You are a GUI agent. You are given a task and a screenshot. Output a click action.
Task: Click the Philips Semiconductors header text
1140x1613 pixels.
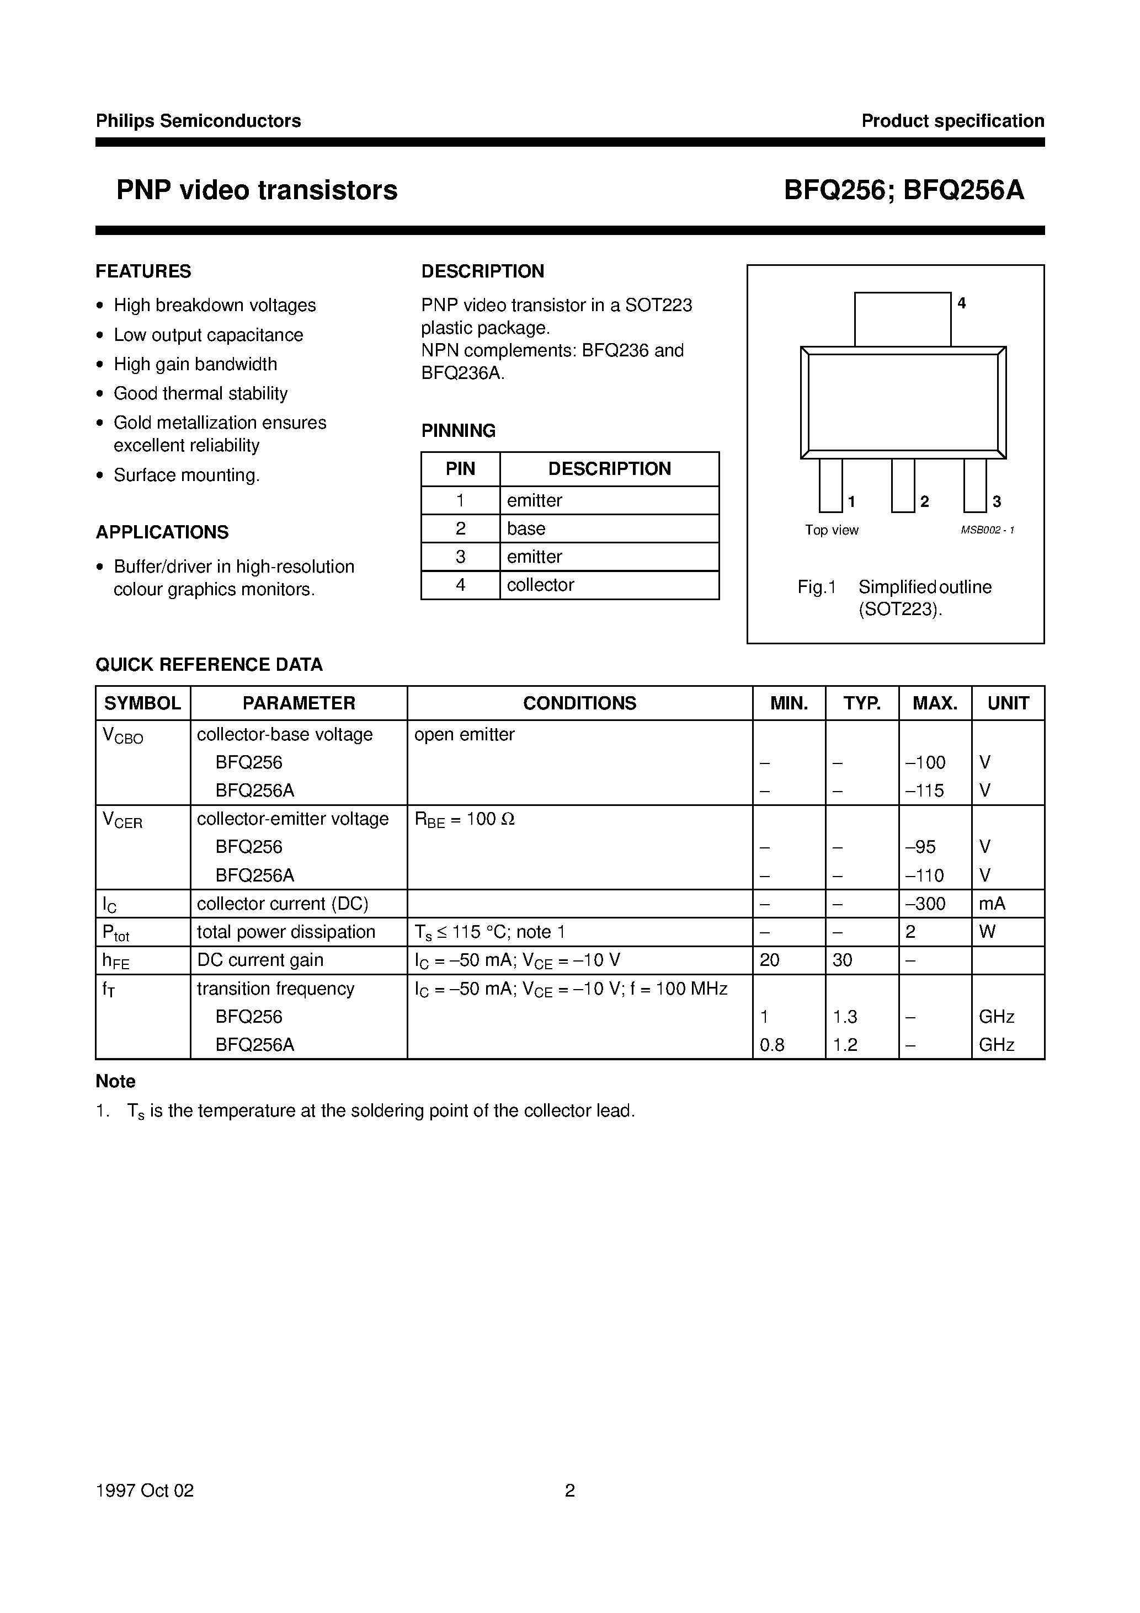198,121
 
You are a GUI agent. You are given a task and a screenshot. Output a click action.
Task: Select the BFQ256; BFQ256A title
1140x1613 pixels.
904,190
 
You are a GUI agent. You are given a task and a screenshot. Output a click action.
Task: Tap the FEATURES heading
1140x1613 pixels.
143,271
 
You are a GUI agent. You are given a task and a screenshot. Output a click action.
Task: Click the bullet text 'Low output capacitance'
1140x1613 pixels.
208,335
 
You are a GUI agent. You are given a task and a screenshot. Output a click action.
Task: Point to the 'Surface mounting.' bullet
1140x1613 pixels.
187,476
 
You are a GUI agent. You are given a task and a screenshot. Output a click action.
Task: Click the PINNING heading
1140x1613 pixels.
458,431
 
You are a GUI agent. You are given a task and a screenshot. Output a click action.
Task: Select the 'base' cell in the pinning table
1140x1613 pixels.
526,528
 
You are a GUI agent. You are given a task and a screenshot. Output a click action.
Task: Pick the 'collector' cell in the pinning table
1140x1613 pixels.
541,585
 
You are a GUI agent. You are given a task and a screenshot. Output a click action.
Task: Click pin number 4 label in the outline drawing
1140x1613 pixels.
961,303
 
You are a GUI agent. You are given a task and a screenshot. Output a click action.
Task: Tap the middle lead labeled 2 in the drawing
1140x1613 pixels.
903,485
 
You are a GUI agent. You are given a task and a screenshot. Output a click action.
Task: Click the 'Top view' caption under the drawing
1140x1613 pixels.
832,531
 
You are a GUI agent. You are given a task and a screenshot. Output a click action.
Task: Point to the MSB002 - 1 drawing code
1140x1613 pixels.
987,531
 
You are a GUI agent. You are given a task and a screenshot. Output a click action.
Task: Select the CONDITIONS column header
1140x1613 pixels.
579,703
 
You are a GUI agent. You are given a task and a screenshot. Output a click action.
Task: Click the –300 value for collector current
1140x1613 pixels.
926,904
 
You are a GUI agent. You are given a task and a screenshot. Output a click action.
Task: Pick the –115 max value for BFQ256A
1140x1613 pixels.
925,791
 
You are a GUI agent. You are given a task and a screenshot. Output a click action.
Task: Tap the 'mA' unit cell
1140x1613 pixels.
992,904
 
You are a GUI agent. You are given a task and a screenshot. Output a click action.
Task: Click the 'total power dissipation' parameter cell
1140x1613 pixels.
285,932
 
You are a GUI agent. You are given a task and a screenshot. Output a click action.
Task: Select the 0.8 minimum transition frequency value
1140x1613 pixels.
772,1045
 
